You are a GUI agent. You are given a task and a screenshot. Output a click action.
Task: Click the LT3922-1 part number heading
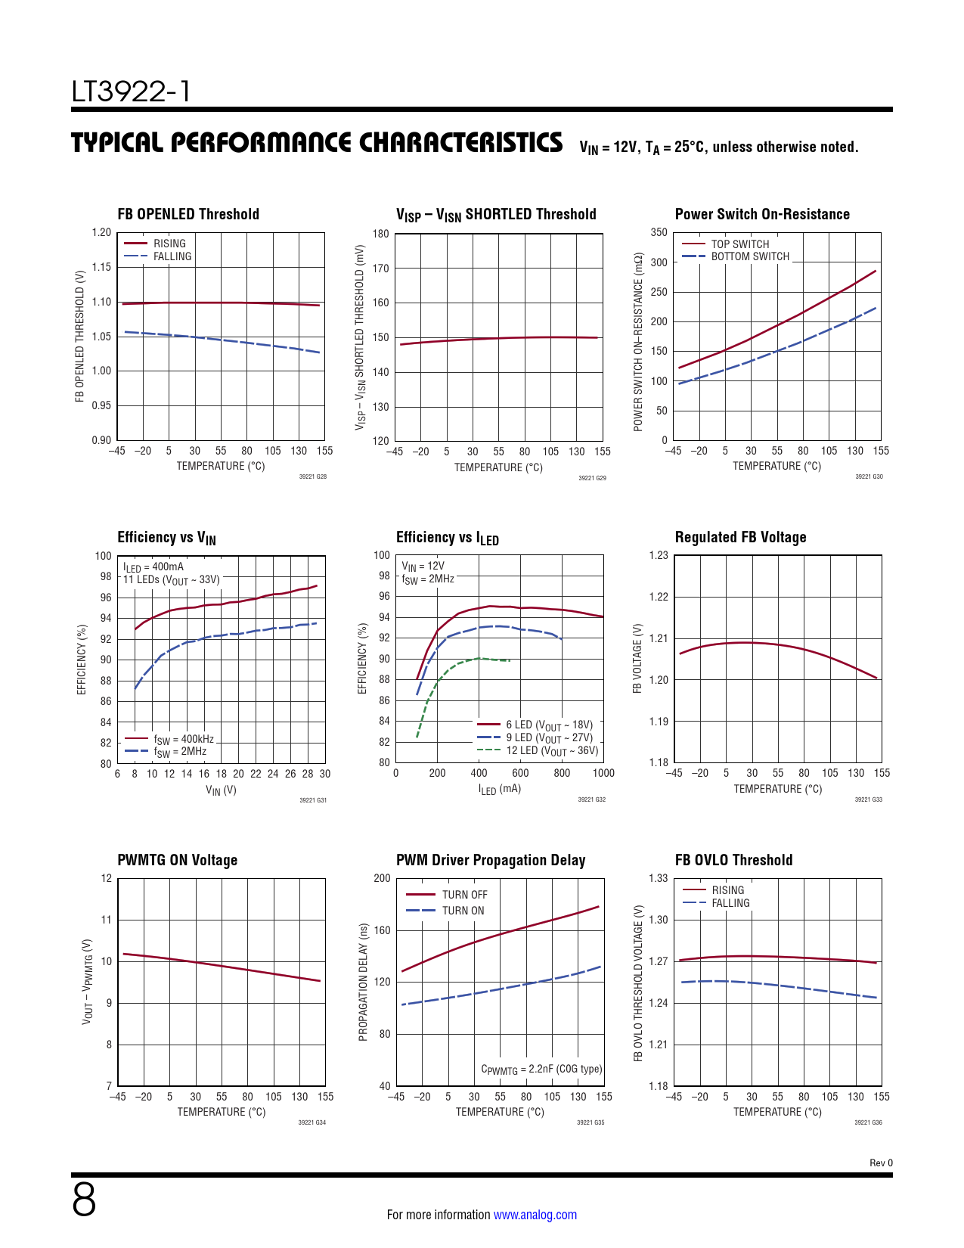tap(131, 92)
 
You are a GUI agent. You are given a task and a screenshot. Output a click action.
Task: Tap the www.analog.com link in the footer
tap(535, 1215)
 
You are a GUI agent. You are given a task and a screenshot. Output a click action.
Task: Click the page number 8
tap(84, 1200)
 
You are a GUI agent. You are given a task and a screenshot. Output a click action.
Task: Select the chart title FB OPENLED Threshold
tap(188, 214)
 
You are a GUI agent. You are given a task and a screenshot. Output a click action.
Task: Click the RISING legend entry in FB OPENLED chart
tap(169, 244)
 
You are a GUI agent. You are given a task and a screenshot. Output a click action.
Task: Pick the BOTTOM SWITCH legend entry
tap(749, 256)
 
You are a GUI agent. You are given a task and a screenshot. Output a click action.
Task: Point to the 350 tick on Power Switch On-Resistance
tap(659, 233)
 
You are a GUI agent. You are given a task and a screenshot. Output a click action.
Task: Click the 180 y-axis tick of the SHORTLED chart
tap(381, 234)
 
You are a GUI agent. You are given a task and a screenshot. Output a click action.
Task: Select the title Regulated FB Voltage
tap(740, 537)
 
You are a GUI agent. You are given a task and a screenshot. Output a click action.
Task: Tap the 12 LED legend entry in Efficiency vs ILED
tap(551, 751)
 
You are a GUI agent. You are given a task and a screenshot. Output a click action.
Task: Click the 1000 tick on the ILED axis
tap(603, 773)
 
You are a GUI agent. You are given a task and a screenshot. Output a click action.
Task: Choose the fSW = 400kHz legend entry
tap(183, 739)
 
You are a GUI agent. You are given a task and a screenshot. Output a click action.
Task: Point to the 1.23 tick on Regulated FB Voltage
tap(659, 555)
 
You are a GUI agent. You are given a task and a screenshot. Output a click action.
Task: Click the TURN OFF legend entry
tap(464, 895)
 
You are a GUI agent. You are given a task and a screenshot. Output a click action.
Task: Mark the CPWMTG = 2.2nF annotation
tap(541, 1069)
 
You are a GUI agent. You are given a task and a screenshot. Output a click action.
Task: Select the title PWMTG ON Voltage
tap(177, 860)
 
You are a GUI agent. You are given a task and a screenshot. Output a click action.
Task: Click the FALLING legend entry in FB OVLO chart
tap(730, 903)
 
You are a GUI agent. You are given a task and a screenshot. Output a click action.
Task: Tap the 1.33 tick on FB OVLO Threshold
tap(659, 878)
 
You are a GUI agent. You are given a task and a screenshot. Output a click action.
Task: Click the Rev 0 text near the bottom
tap(881, 1163)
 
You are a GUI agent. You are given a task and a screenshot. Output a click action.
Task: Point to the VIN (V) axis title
tap(221, 790)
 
